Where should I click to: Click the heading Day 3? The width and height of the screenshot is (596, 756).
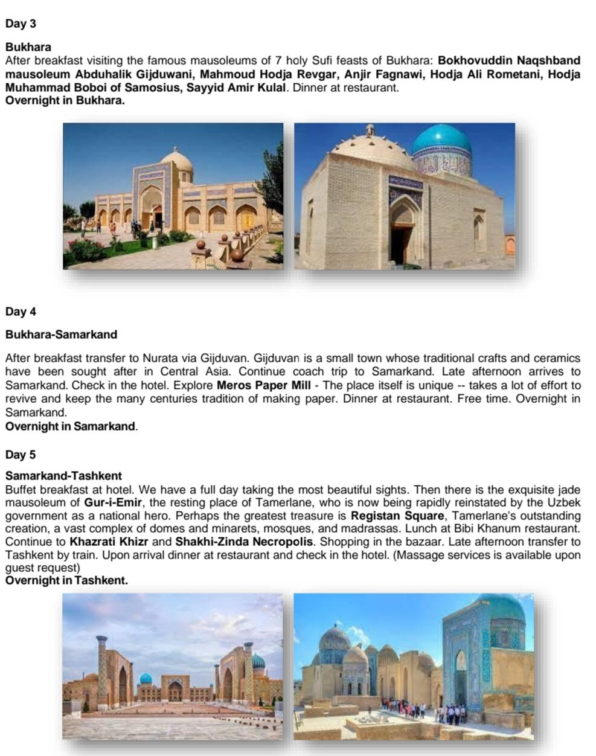(x=21, y=24)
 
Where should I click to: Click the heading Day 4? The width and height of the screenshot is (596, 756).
(x=21, y=312)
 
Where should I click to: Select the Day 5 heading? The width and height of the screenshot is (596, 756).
(x=21, y=455)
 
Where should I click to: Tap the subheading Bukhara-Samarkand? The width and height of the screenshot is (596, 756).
(x=61, y=335)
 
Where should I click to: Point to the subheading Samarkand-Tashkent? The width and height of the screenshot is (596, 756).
(x=63, y=476)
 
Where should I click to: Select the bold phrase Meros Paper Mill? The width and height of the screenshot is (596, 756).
(x=263, y=385)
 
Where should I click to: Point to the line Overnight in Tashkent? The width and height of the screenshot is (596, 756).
(x=66, y=581)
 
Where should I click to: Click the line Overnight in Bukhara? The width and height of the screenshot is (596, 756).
(x=65, y=101)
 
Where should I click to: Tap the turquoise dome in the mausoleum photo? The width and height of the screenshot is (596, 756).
(x=441, y=141)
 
